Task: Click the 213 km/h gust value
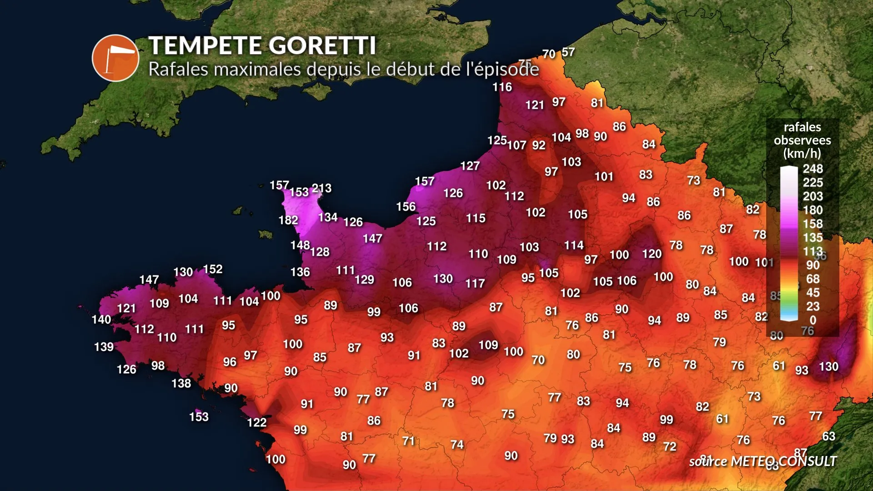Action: tap(321, 188)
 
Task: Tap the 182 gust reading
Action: tap(288, 220)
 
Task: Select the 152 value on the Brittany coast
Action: tap(213, 269)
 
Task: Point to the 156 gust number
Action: tap(406, 207)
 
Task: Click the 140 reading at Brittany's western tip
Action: tap(101, 320)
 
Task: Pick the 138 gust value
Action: tap(181, 384)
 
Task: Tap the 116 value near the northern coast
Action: tap(502, 87)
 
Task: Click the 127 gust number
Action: tap(470, 166)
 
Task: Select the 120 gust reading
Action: tap(652, 254)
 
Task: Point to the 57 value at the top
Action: tap(568, 52)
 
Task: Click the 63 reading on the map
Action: tap(828, 436)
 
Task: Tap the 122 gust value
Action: tap(256, 423)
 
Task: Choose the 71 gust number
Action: tap(408, 441)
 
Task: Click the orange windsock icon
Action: tap(115, 58)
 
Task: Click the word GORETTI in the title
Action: tap(322, 45)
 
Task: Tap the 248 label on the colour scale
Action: tap(813, 169)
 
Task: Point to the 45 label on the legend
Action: tap(813, 293)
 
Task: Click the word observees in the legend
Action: tap(802, 140)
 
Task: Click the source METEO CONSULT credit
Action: tap(763, 461)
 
